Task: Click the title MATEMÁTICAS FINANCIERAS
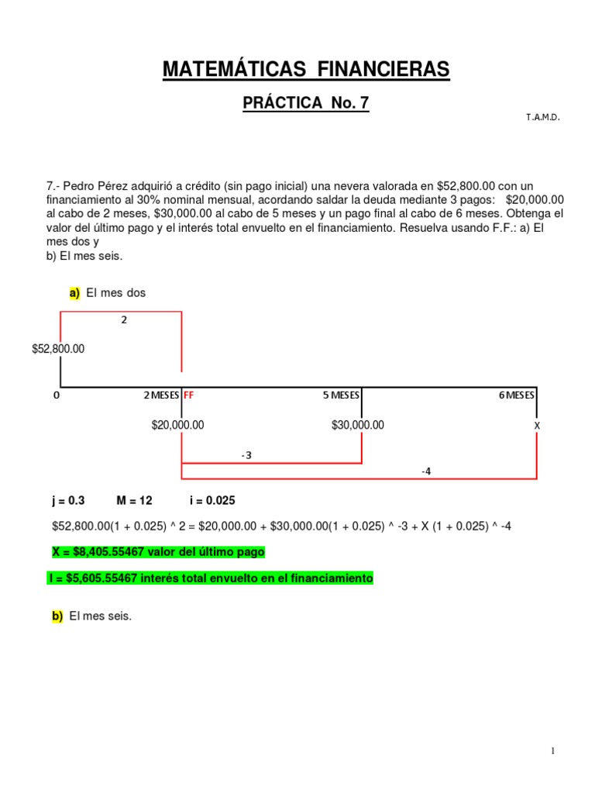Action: [x=305, y=70]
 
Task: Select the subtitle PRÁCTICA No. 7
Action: [x=306, y=103]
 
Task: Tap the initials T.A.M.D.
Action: [x=542, y=117]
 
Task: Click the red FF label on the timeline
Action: [x=188, y=395]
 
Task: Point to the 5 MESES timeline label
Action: [x=342, y=395]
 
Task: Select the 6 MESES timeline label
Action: [x=517, y=395]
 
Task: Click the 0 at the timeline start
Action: [x=56, y=395]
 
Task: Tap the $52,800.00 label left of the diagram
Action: [x=59, y=349]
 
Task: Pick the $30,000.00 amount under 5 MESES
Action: [x=358, y=425]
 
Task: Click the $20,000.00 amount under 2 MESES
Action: [x=178, y=425]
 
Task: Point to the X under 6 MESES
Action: [x=537, y=426]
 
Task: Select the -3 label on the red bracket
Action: [x=246, y=455]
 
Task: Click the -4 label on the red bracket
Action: [x=426, y=471]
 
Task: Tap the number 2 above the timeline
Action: [x=124, y=319]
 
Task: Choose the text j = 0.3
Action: [x=67, y=501]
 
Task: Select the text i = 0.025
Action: [x=212, y=501]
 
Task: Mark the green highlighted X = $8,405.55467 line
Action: [x=158, y=552]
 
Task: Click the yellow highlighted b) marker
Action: [x=57, y=616]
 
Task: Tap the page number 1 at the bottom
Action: [x=553, y=751]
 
